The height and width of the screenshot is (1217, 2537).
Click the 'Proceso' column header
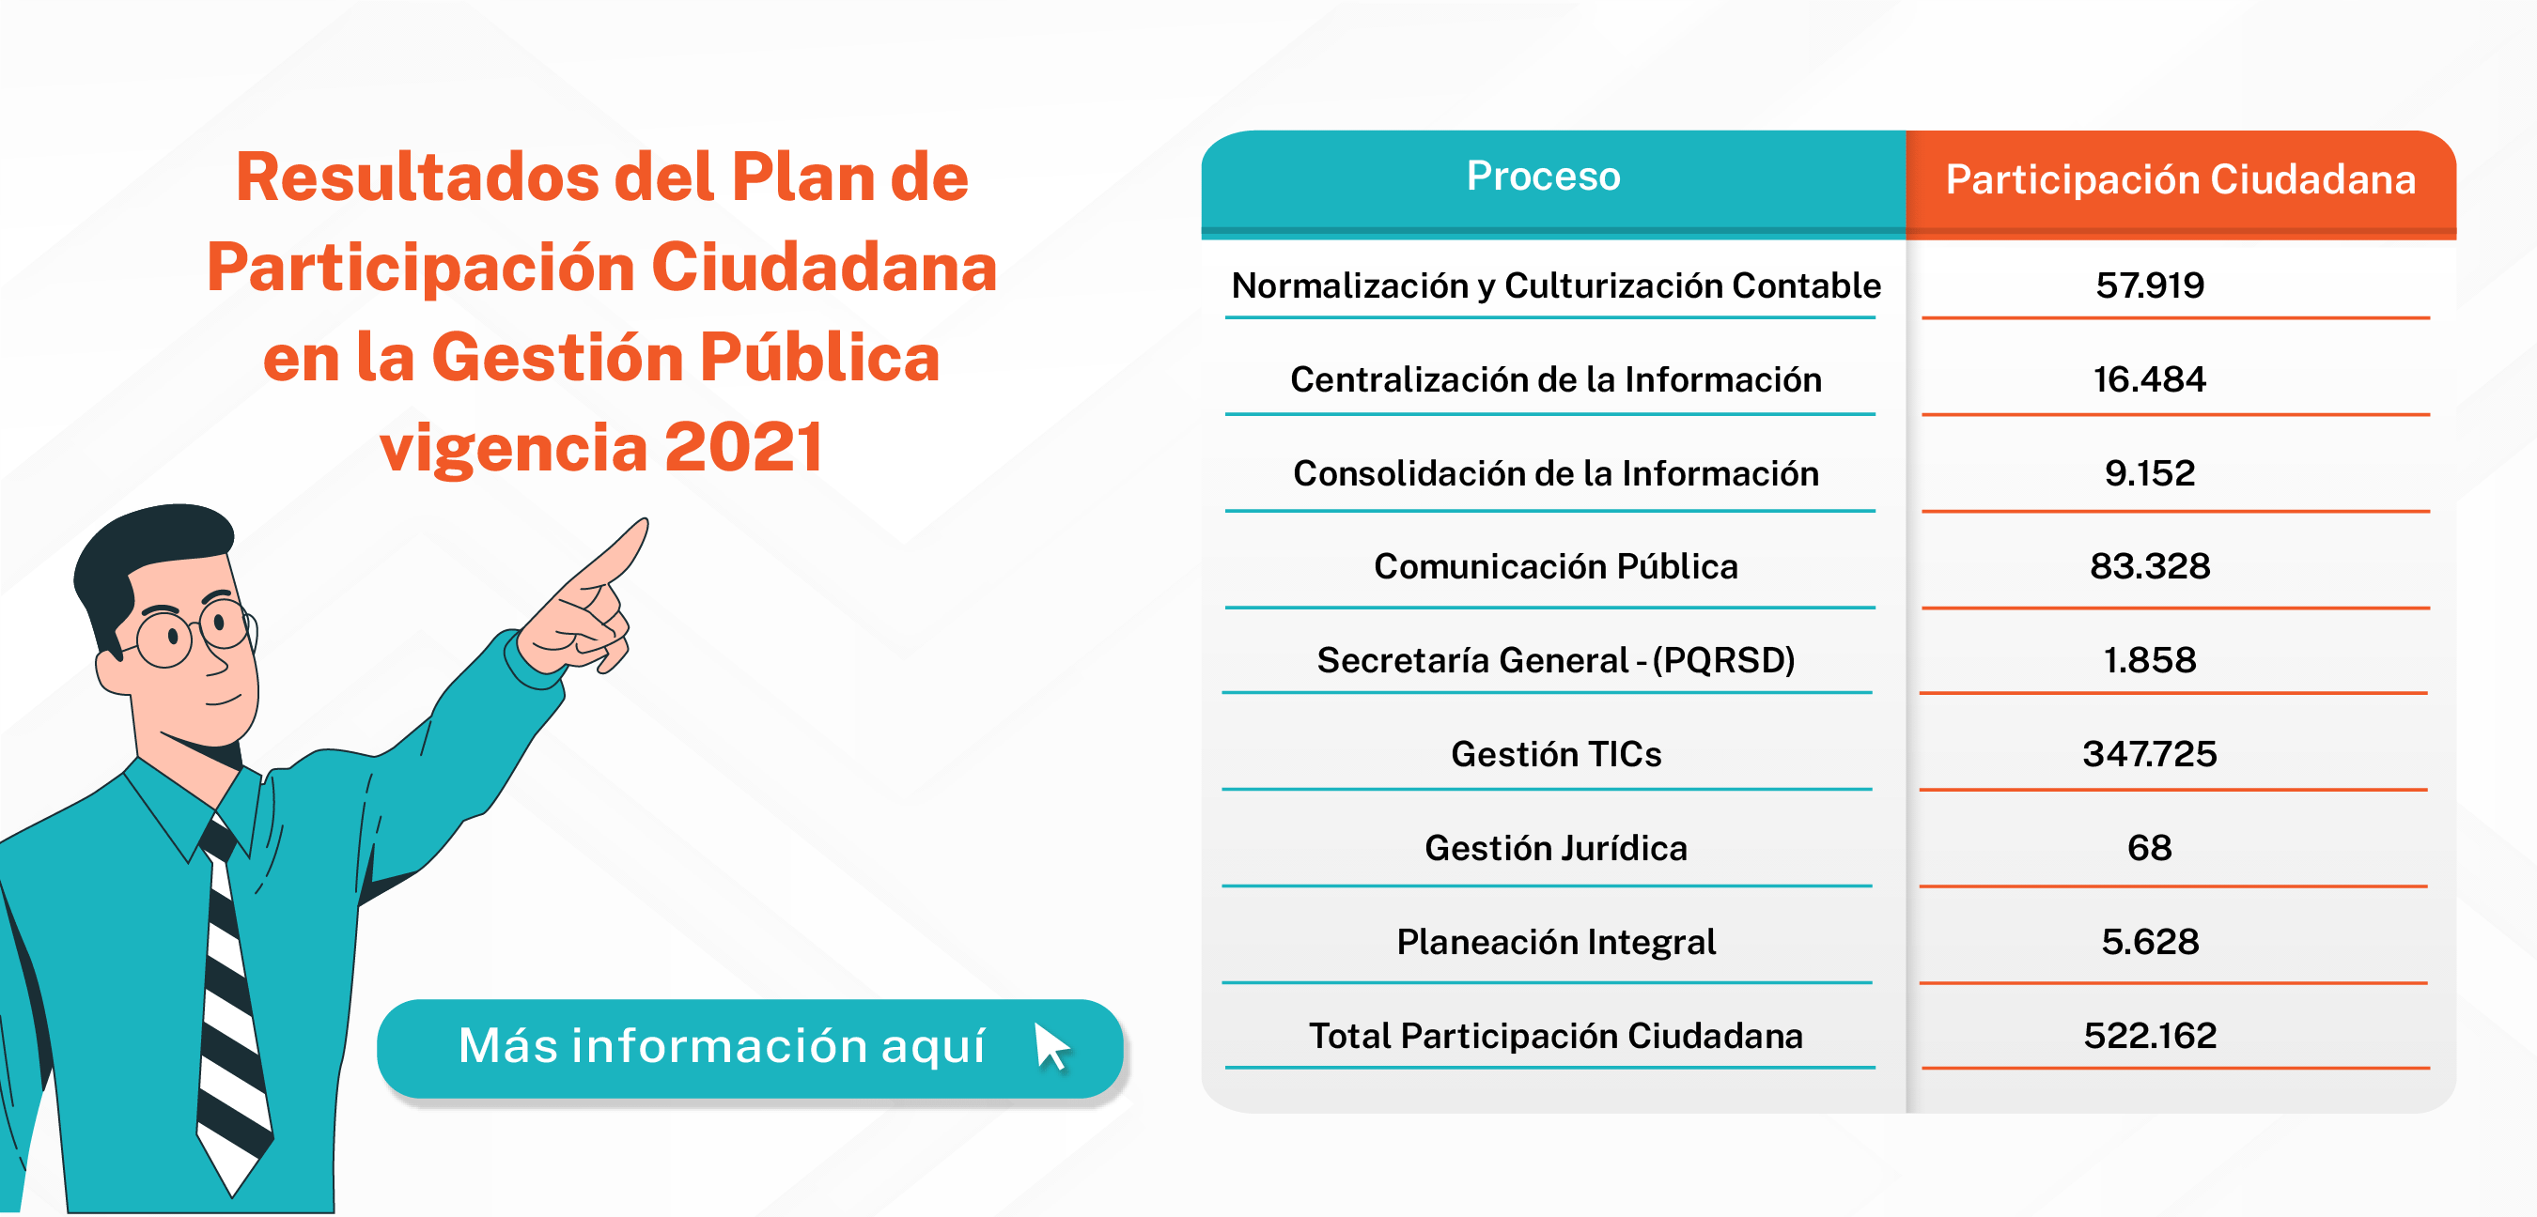[1542, 177]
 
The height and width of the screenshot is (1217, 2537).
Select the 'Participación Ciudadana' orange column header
[2181, 180]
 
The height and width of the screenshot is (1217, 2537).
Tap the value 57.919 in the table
[2150, 285]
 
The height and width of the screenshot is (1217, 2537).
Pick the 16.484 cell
[2150, 379]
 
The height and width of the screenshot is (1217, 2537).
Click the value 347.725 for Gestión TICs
[2150, 754]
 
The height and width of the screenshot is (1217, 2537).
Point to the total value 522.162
[2150, 1036]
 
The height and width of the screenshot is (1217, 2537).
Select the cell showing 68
[2150, 848]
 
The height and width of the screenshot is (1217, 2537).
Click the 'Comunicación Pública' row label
[1556, 567]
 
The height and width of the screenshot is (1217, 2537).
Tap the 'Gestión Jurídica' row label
[1556, 848]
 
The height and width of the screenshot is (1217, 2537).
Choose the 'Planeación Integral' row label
[1556, 942]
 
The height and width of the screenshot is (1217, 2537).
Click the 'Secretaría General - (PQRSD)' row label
[1556, 661]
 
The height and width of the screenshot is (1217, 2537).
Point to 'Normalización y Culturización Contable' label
[1556, 285]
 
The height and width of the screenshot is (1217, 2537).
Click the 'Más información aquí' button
[750, 1048]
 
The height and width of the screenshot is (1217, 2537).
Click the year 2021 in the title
[743, 447]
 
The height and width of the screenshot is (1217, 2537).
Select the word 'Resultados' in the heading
[417, 178]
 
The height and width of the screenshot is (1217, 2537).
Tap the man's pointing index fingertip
[642, 524]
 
